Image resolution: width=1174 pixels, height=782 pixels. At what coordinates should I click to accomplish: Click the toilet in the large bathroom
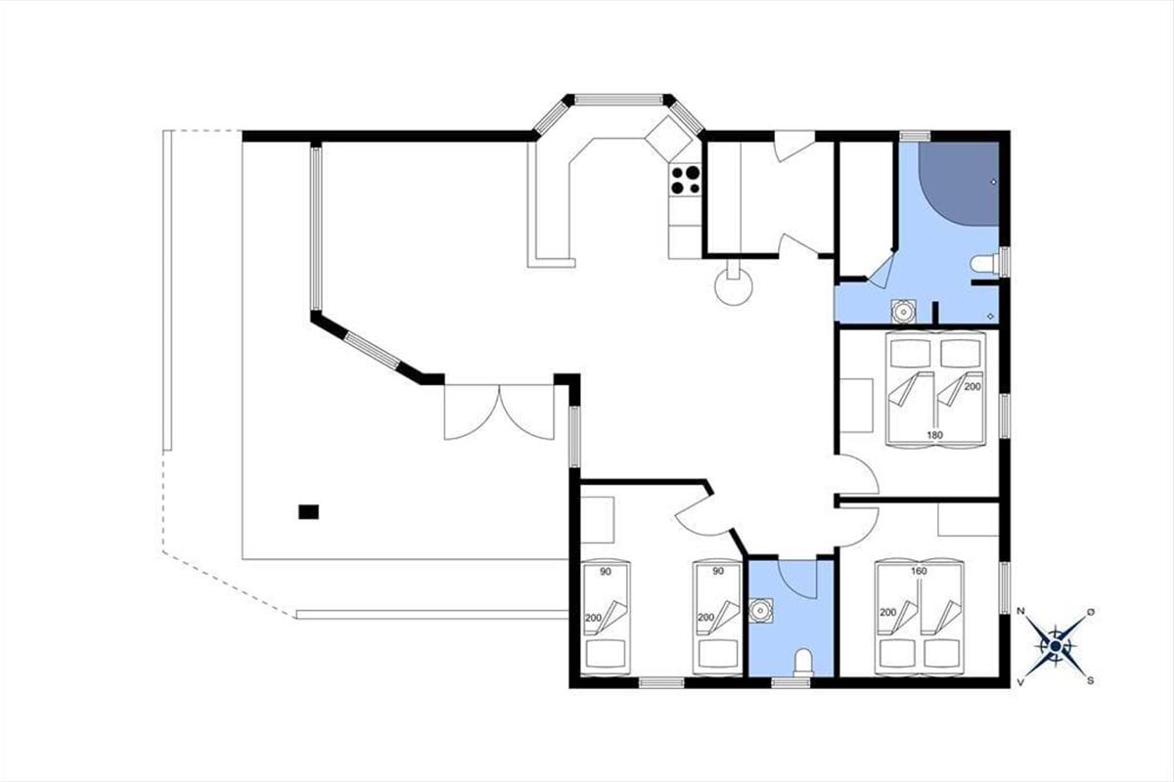pyautogui.click(x=985, y=264)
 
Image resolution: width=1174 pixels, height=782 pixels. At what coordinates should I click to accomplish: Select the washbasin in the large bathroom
pyautogui.click(x=903, y=312)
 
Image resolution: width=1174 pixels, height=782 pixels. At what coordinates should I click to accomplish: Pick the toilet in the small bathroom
pyautogui.click(x=803, y=662)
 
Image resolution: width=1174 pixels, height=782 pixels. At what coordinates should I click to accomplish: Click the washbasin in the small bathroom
pyautogui.click(x=760, y=610)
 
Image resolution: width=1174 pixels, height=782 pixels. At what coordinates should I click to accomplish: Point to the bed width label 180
pyautogui.click(x=934, y=435)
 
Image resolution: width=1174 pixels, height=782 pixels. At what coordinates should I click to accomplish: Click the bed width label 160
pyautogui.click(x=919, y=572)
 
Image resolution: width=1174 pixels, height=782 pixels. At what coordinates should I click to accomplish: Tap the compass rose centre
pyautogui.click(x=1056, y=646)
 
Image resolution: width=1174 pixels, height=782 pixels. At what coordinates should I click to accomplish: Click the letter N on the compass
pyautogui.click(x=1020, y=611)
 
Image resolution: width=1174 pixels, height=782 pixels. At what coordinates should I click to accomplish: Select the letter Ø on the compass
pyautogui.click(x=1091, y=611)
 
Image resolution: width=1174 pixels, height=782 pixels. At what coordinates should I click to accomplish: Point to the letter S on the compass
pyautogui.click(x=1090, y=681)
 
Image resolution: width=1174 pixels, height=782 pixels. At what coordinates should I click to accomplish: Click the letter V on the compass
pyautogui.click(x=1020, y=681)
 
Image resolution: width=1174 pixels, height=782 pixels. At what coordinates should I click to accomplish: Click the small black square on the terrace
pyautogui.click(x=309, y=512)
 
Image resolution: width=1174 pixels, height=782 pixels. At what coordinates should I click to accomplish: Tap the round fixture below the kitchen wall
pyautogui.click(x=734, y=287)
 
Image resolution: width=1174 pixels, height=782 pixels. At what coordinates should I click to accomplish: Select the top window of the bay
pyautogui.click(x=618, y=100)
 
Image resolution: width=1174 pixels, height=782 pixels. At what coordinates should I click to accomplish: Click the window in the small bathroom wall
pyautogui.click(x=790, y=682)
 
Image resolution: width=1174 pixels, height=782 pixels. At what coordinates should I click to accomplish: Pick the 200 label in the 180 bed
pyautogui.click(x=972, y=386)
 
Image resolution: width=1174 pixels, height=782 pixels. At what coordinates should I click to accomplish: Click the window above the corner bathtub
pyautogui.click(x=915, y=136)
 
